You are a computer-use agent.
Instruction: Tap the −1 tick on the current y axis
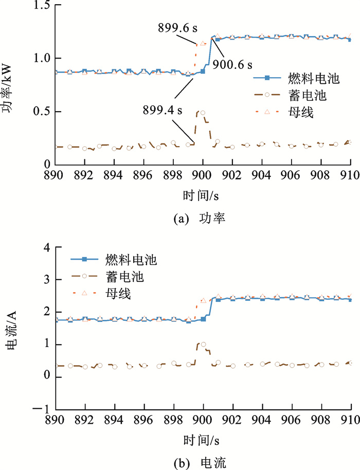[42, 409]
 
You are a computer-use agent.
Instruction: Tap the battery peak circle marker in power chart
[203, 113]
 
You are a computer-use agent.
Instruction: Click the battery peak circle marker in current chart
[203, 345]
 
